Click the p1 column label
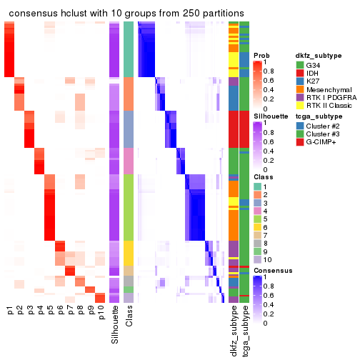[10, 311]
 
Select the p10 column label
[101, 314]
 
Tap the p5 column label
[51, 311]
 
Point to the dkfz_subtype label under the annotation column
[234, 332]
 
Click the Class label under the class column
[129, 321]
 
